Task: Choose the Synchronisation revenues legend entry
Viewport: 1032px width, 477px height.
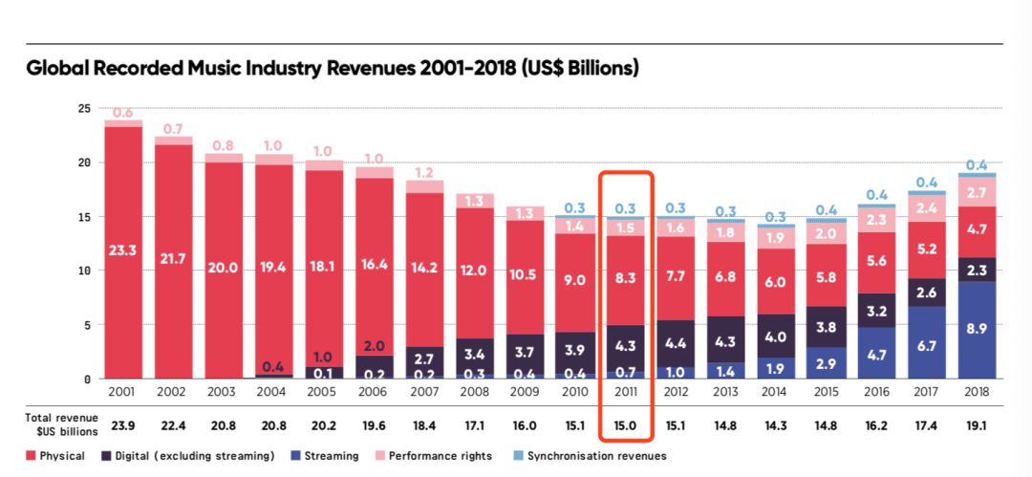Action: click(592, 456)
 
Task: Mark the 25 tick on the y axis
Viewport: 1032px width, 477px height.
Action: click(84, 108)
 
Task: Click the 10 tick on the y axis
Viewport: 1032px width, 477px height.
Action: click(84, 271)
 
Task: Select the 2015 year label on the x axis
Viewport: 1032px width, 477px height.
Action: click(827, 393)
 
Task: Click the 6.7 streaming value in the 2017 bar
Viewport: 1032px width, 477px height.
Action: click(927, 344)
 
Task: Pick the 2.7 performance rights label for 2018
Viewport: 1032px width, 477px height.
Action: click(977, 192)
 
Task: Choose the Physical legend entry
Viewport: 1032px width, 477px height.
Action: click(55, 456)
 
